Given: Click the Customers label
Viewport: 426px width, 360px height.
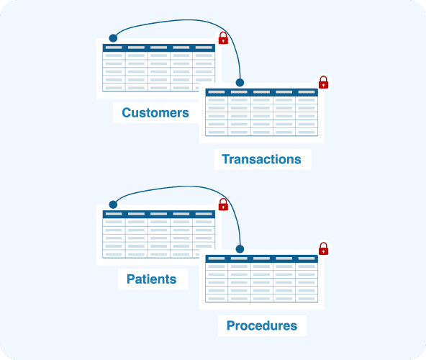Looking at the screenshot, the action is coord(155,112).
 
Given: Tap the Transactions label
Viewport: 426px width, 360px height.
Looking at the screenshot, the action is coord(261,159).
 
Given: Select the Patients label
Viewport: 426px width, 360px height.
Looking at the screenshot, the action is coord(152,279).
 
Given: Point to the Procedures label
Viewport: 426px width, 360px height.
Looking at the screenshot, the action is coord(262,325).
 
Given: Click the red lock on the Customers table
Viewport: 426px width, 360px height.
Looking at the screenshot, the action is coord(223,38).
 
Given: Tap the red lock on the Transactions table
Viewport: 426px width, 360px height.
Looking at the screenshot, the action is coord(323,82).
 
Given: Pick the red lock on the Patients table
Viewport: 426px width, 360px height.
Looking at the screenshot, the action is coord(223,204).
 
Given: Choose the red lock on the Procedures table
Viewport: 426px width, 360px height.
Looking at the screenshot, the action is coord(323,249).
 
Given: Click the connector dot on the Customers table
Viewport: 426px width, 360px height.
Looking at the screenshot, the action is coord(113,38).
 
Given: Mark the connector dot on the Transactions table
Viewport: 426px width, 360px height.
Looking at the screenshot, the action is coord(240,82).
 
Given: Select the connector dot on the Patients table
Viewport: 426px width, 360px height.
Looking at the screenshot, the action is coord(113,204).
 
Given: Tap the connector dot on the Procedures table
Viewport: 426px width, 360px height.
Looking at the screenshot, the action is coord(240,249).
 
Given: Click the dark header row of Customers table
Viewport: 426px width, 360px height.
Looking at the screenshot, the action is coord(159,48).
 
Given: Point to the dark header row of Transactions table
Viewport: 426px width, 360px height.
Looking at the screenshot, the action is coord(262,92).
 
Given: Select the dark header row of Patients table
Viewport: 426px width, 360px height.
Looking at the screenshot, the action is coord(159,214).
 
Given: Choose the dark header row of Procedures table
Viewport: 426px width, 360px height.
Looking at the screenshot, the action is coord(262,258).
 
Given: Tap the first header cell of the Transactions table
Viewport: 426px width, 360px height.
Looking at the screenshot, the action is coord(217,92).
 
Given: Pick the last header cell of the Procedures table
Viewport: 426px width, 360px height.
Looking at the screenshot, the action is coord(307,258).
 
